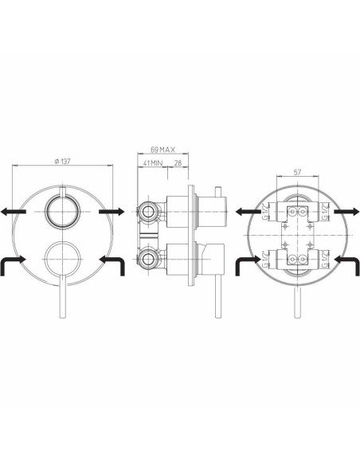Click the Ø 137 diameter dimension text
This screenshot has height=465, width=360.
64,162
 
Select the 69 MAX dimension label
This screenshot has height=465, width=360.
162,149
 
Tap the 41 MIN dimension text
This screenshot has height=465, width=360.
152,162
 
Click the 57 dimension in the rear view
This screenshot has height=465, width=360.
297,171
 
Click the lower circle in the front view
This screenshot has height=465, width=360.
64,259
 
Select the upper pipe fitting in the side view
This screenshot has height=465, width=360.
147,211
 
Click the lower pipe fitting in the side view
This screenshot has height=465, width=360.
147,258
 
